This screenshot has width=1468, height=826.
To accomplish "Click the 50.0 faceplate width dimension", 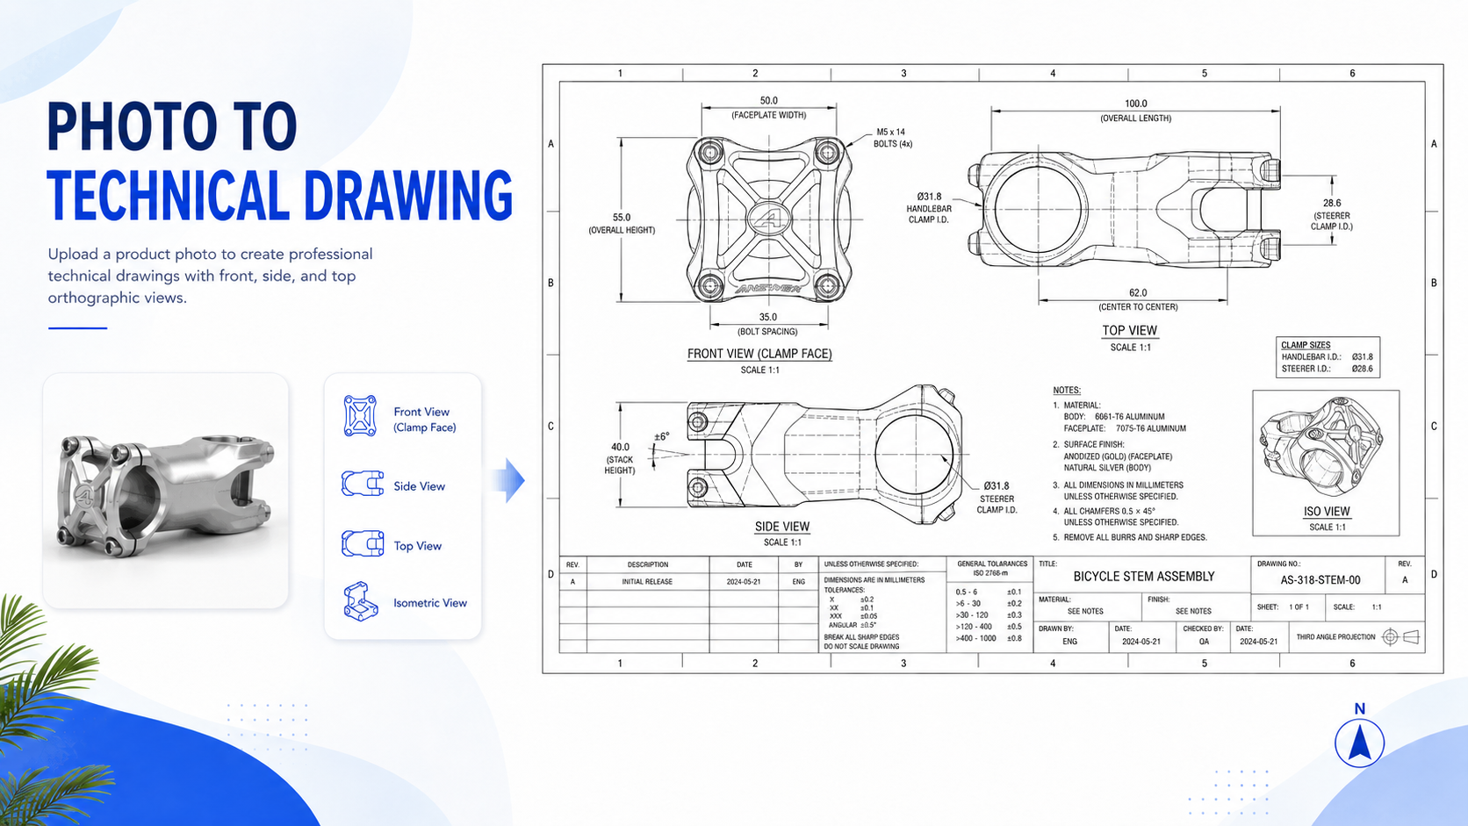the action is (x=769, y=101).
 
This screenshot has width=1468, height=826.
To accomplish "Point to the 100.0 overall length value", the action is (x=1136, y=104).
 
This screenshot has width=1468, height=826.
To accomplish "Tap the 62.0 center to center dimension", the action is (x=1138, y=293).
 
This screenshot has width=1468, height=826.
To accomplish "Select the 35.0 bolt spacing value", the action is (x=768, y=317).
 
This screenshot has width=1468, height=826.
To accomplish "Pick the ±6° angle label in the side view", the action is (x=662, y=437).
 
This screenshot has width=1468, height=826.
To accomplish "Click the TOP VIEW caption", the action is (x=1130, y=330).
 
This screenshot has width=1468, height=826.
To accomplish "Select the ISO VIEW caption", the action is (x=1327, y=512).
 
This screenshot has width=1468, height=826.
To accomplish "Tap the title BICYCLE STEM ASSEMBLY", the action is (x=1144, y=577).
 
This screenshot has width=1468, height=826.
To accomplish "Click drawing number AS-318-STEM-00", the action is (x=1320, y=580).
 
